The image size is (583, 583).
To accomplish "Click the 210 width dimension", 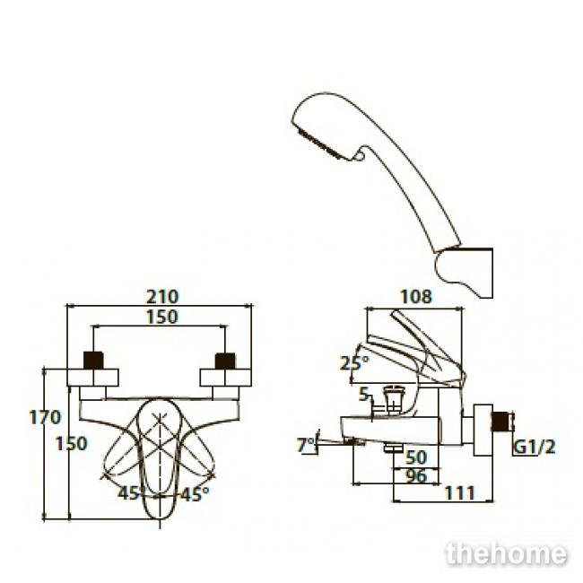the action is click(x=162, y=297).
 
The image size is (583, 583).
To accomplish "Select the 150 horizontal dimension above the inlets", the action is click(x=162, y=318).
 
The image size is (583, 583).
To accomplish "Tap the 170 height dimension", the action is click(x=45, y=417).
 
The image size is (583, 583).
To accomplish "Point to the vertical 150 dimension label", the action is click(x=72, y=444).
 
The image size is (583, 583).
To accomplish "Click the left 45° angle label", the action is click(x=131, y=493).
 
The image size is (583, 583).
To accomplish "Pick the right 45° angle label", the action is click(x=195, y=494).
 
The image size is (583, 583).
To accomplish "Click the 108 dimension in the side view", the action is click(x=416, y=297).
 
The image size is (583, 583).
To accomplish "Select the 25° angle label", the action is click(x=354, y=363).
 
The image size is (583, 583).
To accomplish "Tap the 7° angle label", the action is click(x=306, y=445).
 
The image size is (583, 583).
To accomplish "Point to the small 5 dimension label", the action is click(x=363, y=394).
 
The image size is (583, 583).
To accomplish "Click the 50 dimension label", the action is click(x=416, y=457).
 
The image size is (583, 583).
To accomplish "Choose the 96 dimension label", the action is click(x=416, y=476).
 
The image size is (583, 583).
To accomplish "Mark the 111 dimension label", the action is click(x=460, y=493).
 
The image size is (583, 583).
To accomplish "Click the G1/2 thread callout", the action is click(x=535, y=448).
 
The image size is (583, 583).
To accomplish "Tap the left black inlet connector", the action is click(x=93, y=361).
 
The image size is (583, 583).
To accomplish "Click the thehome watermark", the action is click(x=507, y=554).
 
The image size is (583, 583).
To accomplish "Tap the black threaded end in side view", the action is click(x=502, y=422).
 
